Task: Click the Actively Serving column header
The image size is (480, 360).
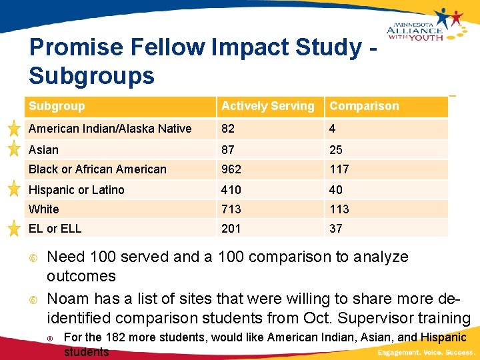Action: click(267, 106)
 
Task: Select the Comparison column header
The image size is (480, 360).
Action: click(364, 106)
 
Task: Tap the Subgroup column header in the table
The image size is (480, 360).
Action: click(57, 106)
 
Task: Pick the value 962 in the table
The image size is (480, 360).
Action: click(231, 169)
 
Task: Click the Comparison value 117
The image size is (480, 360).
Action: click(339, 169)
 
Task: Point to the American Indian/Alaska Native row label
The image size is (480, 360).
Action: click(110, 129)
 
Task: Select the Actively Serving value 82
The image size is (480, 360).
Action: click(229, 129)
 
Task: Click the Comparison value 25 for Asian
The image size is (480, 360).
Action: click(336, 150)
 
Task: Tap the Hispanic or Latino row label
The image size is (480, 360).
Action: click(76, 190)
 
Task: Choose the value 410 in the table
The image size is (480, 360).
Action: click(231, 190)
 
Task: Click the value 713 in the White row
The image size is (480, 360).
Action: click(231, 209)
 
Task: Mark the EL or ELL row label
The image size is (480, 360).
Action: click(55, 229)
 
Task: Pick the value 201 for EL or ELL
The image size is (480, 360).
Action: click(231, 229)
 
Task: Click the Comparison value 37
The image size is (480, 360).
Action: click(336, 229)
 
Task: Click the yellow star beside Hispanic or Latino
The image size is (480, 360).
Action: click(13, 189)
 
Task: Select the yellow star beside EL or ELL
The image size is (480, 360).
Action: click(13, 229)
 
